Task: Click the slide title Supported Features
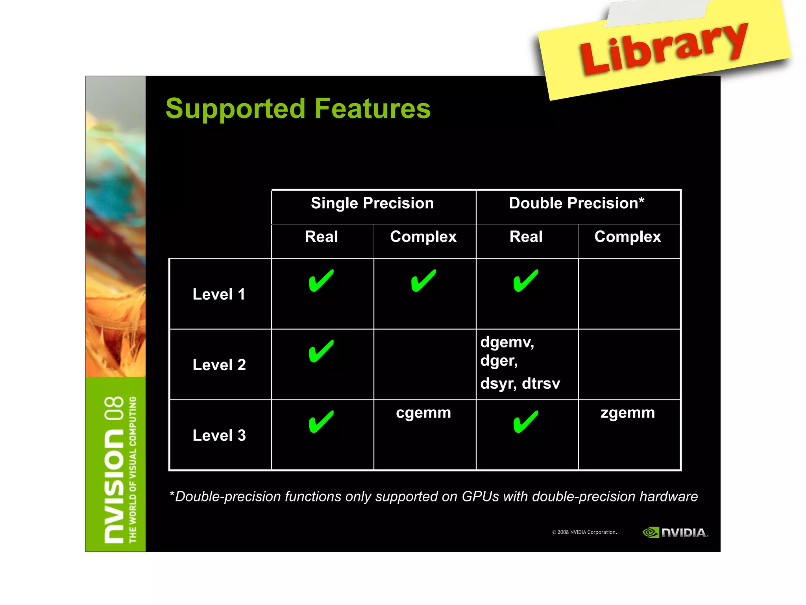298,108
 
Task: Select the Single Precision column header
372,203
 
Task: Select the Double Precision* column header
577,203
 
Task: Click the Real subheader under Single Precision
322,237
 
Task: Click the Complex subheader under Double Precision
628,237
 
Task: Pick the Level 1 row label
219,294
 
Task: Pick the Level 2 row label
219,365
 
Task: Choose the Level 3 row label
219,435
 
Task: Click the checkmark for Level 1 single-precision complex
423,280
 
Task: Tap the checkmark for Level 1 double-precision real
526,280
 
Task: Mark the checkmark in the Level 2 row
321,351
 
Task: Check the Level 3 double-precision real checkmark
526,421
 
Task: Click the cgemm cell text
423,413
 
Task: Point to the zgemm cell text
628,413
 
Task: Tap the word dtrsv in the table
541,383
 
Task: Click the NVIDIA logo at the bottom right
675,533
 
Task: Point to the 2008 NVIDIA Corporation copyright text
584,532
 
